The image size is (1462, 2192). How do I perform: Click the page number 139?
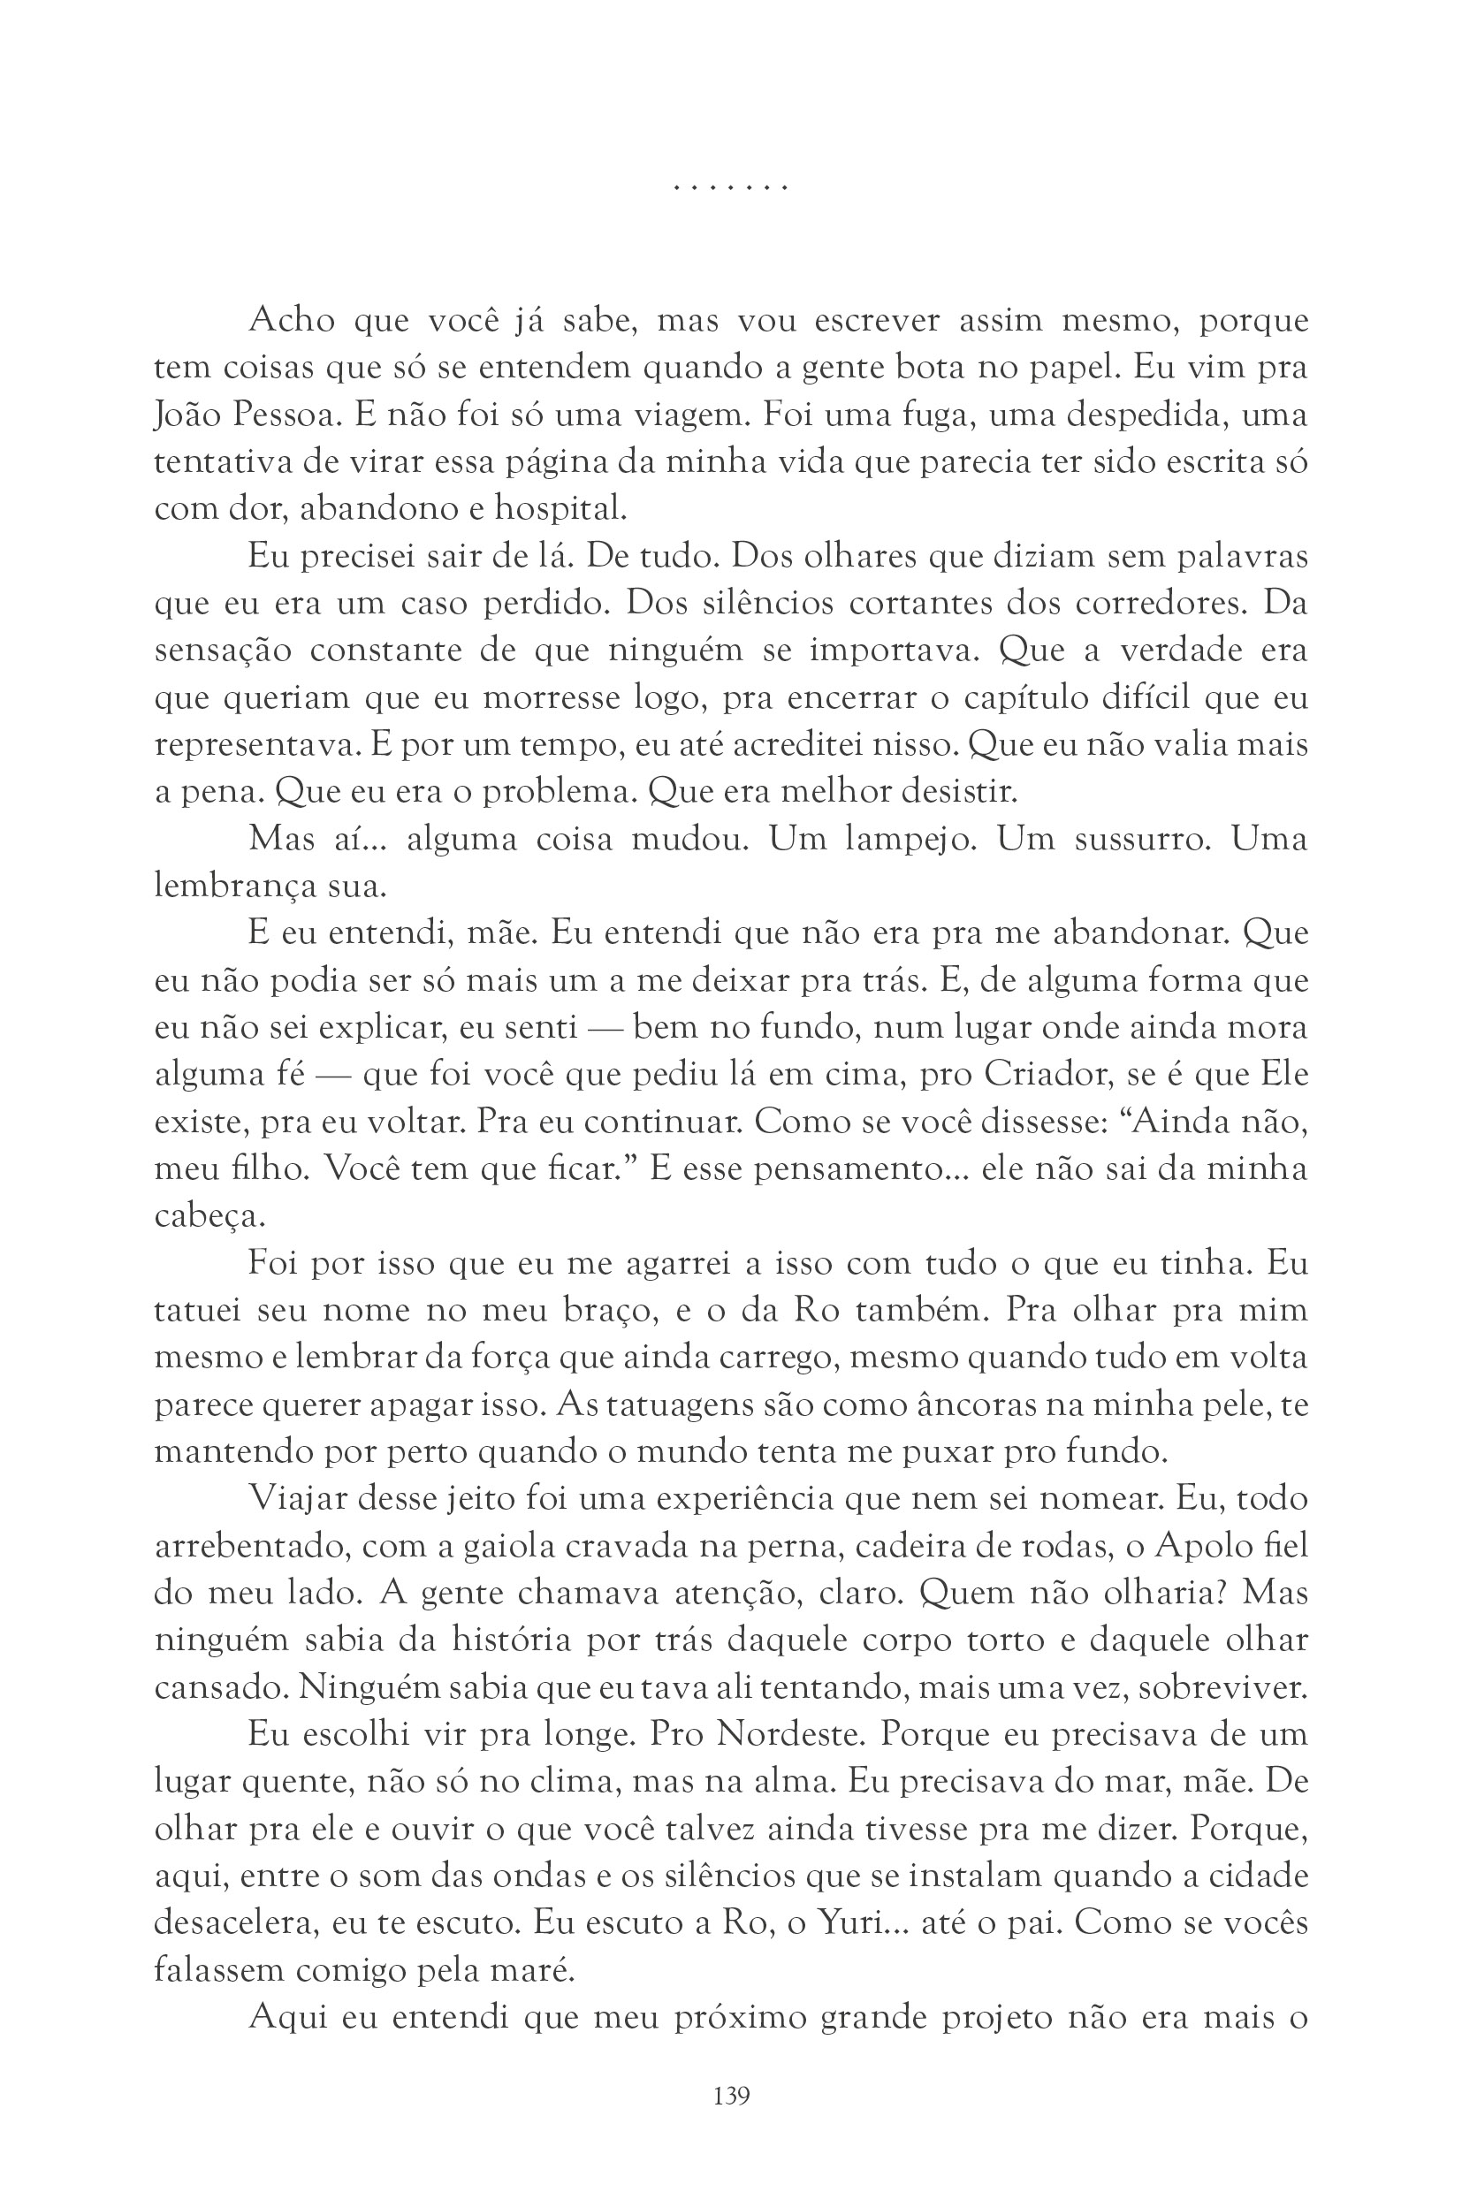tap(731, 2096)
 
